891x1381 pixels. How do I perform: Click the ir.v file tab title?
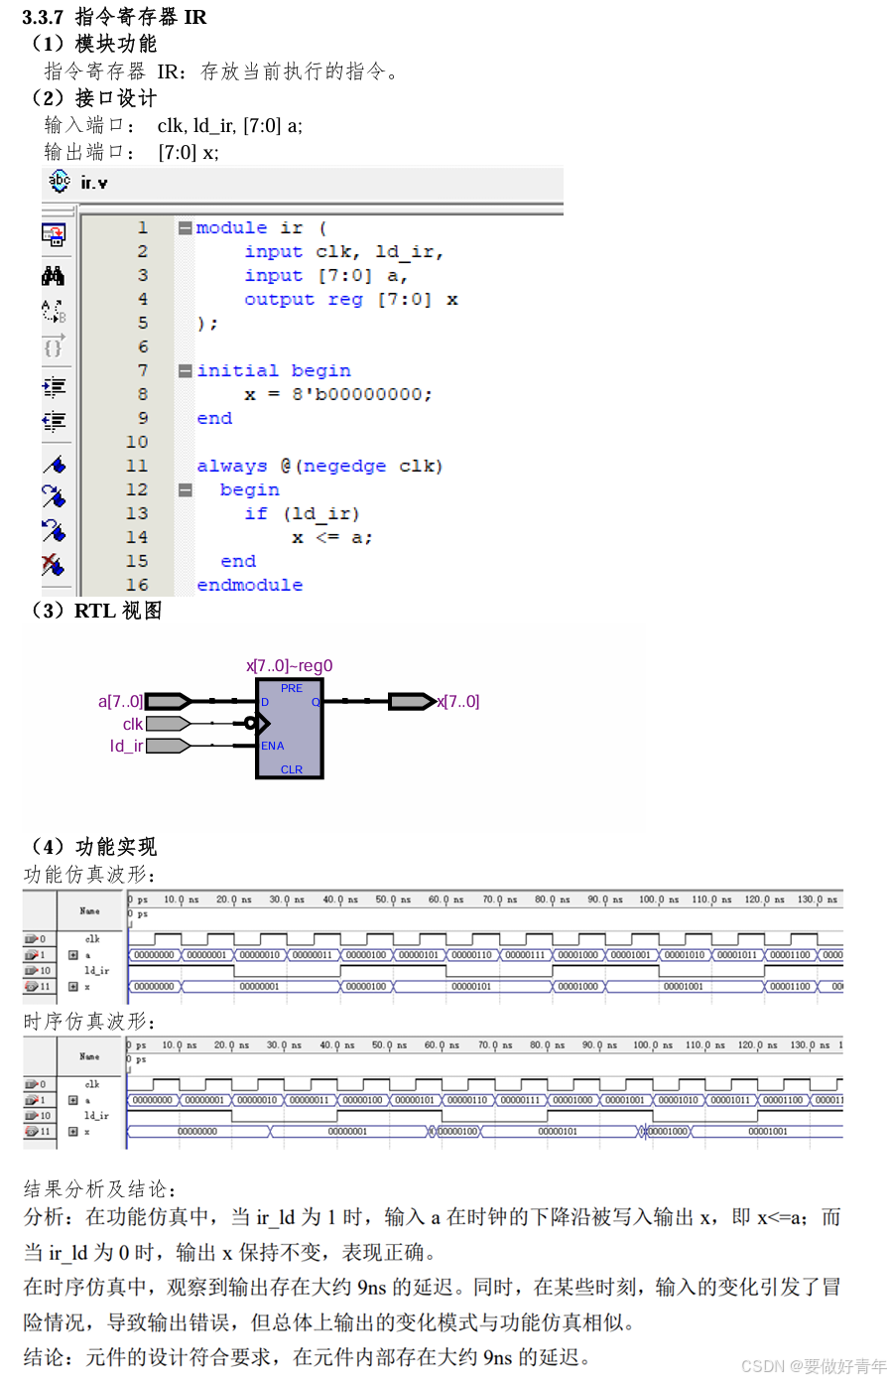pos(93,183)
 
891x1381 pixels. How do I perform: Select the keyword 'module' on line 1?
pos(231,228)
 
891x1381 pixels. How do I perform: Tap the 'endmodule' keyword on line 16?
pos(249,586)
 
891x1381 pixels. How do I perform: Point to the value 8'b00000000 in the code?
pos(360,395)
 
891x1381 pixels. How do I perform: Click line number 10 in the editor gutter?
pos(137,443)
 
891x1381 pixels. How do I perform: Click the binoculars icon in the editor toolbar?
pos(54,276)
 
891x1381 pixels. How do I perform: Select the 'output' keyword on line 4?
pos(279,300)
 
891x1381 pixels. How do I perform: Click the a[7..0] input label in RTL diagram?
pos(120,702)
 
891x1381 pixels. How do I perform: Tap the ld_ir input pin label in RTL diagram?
pos(126,747)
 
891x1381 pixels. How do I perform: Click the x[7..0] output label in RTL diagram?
pos(458,702)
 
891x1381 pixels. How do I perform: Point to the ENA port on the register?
pos(273,746)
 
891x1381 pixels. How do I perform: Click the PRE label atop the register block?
pos(292,688)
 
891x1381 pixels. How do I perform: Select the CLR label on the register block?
pos(292,769)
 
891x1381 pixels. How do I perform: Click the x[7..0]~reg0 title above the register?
pos(290,666)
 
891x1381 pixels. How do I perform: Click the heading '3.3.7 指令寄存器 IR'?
pos(115,17)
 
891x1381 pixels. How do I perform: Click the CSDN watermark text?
pos(814,1366)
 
